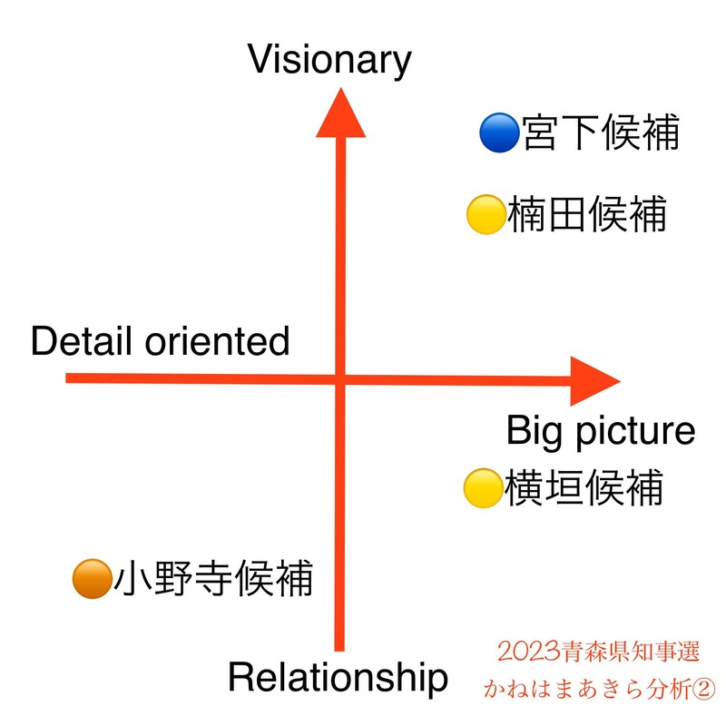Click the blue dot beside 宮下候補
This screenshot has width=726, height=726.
pos(498,134)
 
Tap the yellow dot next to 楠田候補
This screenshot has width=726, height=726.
pos(485,215)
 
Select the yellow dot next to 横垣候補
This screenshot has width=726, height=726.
pos(483,488)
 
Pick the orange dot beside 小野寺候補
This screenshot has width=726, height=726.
pos(91,578)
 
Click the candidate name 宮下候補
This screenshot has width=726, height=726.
pos(601,134)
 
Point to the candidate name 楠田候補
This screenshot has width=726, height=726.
pos(587,215)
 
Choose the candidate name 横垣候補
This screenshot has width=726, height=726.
pos(584,488)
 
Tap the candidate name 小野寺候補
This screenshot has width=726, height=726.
pos(213,578)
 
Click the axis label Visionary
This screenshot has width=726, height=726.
pos(329,60)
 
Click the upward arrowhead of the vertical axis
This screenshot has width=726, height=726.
pos(341,113)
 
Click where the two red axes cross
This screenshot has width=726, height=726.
pos(341,379)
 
